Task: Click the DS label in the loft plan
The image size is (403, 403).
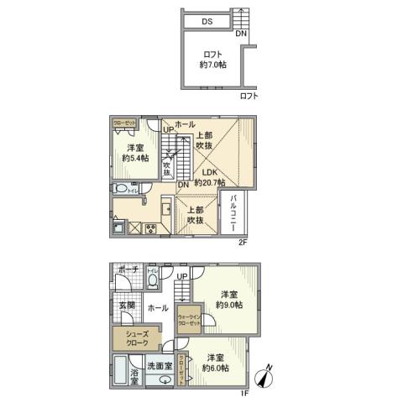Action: coord(207,23)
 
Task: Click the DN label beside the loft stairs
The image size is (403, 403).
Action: coord(241,34)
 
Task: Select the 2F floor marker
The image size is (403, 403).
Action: coord(243,243)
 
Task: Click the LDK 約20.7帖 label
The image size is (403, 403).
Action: coord(209,176)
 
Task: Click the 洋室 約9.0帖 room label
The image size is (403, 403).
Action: coord(228,299)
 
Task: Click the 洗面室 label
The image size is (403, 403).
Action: coord(160,366)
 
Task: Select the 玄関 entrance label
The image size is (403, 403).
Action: coord(126,306)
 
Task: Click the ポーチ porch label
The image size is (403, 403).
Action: coord(128,270)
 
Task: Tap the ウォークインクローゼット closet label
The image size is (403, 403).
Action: coord(189,320)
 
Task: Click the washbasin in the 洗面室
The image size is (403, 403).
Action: coord(160,379)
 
